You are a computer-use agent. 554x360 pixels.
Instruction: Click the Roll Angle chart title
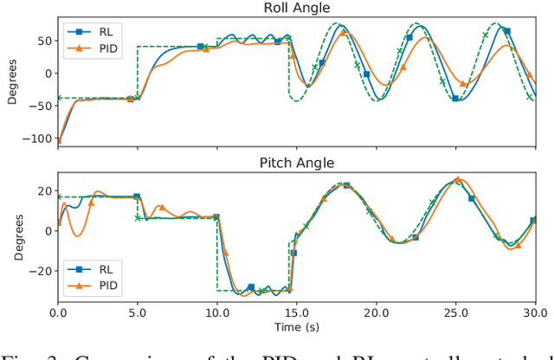[x=298, y=9]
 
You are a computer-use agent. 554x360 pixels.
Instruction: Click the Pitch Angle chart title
[x=298, y=163]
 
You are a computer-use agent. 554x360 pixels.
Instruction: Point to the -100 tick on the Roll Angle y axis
[x=35, y=138]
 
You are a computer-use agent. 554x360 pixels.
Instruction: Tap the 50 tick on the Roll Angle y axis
[x=42, y=41]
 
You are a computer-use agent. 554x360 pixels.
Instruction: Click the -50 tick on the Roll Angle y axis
[x=38, y=106]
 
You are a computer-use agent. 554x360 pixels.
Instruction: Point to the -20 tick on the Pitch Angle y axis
[x=38, y=270]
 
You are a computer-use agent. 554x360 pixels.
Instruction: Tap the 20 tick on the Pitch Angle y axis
[x=42, y=191]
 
